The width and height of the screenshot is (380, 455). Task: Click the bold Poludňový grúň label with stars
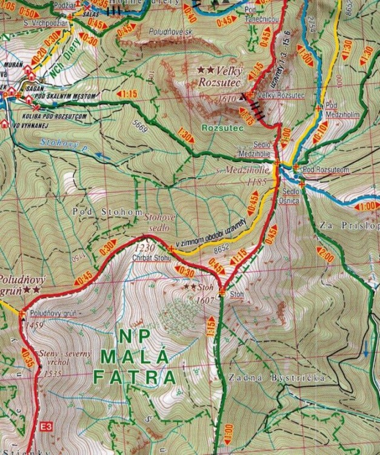click(21, 286)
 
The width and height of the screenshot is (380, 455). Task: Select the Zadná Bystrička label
click(277, 377)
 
